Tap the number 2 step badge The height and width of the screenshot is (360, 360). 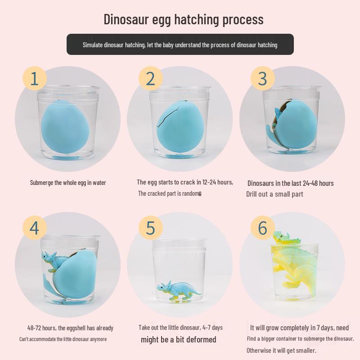click(150, 78)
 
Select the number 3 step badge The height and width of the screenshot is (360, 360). click(262, 78)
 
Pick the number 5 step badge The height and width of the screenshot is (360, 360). click(150, 228)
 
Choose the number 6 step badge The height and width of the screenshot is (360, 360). click(262, 228)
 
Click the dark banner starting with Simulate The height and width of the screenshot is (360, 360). click(180, 45)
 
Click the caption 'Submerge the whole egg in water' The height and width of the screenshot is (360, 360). click(68, 183)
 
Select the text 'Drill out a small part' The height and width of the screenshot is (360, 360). click(274, 194)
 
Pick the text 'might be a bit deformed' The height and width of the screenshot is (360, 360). click(178, 339)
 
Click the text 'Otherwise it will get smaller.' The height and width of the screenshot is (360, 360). click(281, 350)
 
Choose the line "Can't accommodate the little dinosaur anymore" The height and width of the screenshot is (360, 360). click(63, 339)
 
